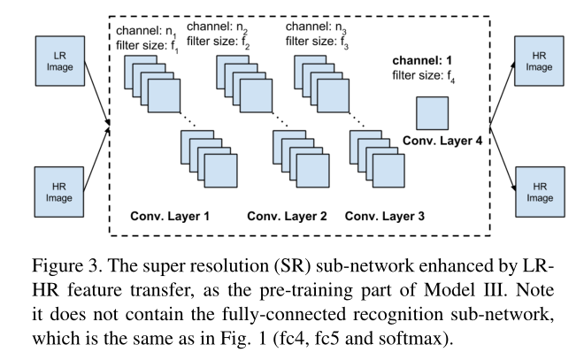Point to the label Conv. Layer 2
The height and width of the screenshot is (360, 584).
(x=287, y=215)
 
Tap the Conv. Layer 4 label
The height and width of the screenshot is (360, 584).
(x=442, y=141)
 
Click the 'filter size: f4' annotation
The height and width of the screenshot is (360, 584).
(x=428, y=77)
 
